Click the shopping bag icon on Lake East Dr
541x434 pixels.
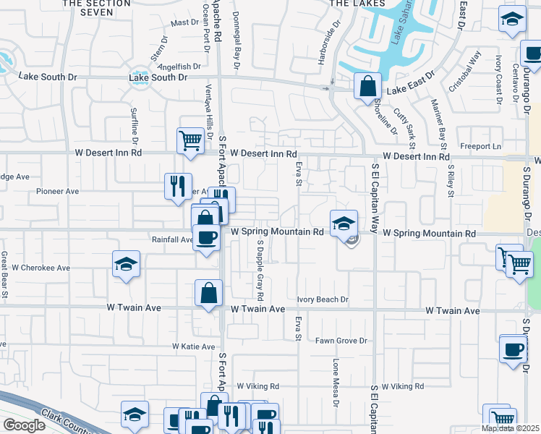(367, 86)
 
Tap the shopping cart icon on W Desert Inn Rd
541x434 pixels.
(189, 140)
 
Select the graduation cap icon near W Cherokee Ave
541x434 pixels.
(126, 264)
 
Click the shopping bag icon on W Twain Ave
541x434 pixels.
(208, 294)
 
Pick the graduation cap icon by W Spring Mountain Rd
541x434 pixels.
(343, 223)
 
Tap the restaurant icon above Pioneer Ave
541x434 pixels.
(177, 186)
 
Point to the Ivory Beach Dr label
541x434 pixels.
(323, 299)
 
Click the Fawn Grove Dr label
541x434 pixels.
(341, 341)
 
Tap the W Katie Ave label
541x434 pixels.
(194, 346)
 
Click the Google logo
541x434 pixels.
(24, 425)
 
